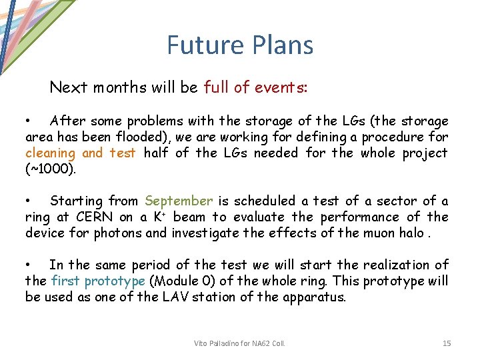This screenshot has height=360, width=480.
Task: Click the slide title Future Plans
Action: click(239, 45)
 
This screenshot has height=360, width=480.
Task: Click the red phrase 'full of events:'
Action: click(255, 87)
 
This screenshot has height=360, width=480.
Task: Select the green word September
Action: click(179, 201)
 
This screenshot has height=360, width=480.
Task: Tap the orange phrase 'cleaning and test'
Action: click(81, 153)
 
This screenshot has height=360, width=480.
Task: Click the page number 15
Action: click(447, 343)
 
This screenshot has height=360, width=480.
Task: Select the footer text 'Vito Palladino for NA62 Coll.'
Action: click(239, 343)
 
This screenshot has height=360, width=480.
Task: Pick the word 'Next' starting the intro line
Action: click(69, 87)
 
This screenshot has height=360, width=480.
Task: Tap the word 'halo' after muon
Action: click(413, 233)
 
